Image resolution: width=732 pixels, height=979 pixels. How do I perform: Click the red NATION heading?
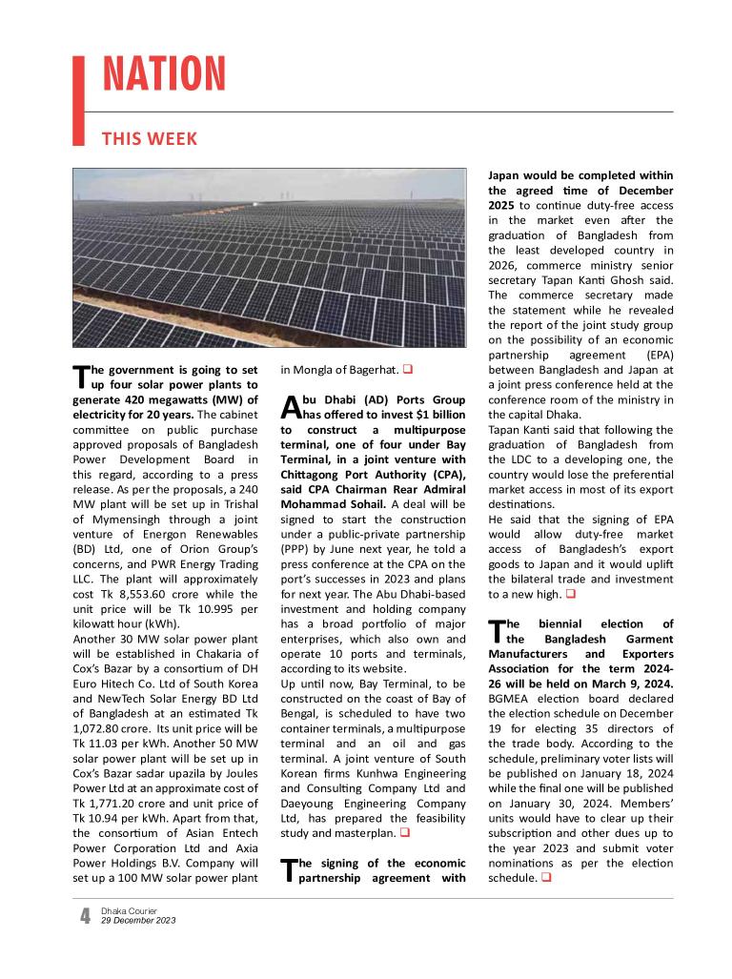pyautogui.click(x=164, y=74)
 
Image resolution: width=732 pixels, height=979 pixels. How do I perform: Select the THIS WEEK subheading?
pyautogui.click(x=150, y=139)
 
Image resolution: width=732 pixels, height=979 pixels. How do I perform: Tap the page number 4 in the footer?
pyautogui.click(x=85, y=916)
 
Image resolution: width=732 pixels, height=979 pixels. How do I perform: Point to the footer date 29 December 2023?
pyautogui.click(x=138, y=920)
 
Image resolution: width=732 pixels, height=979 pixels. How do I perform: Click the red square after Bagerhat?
pyautogui.click(x=407, y=369)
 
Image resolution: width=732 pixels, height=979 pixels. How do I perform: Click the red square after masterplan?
pyautogui.click(x=404, y=832)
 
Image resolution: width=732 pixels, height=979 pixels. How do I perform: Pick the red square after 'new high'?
pyautogui.click(x=570, y=594)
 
